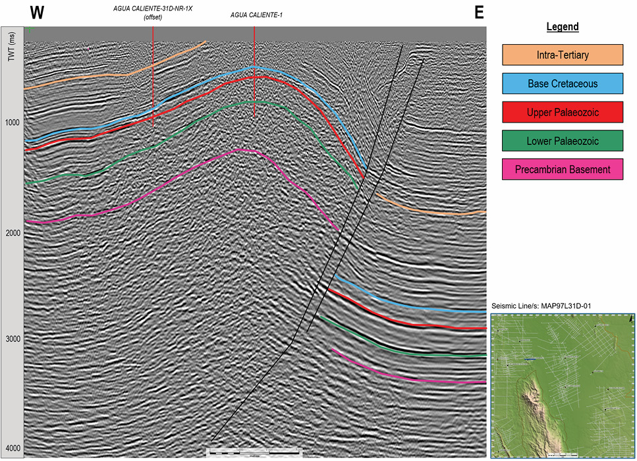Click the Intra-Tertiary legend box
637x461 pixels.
tap(563, 55)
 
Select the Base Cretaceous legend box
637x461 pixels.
tap(563, 84)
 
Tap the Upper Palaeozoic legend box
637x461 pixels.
tap(563, 113)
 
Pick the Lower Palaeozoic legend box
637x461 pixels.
tap(563, 141)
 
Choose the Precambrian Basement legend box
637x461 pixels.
tap(563, 169)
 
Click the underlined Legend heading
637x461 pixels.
tap(563, 27)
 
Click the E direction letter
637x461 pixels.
tap(479, 13)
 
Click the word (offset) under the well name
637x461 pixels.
tap(153, 17)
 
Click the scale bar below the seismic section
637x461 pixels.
tap(254, 452)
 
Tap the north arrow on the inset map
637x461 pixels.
tap(631, 318)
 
